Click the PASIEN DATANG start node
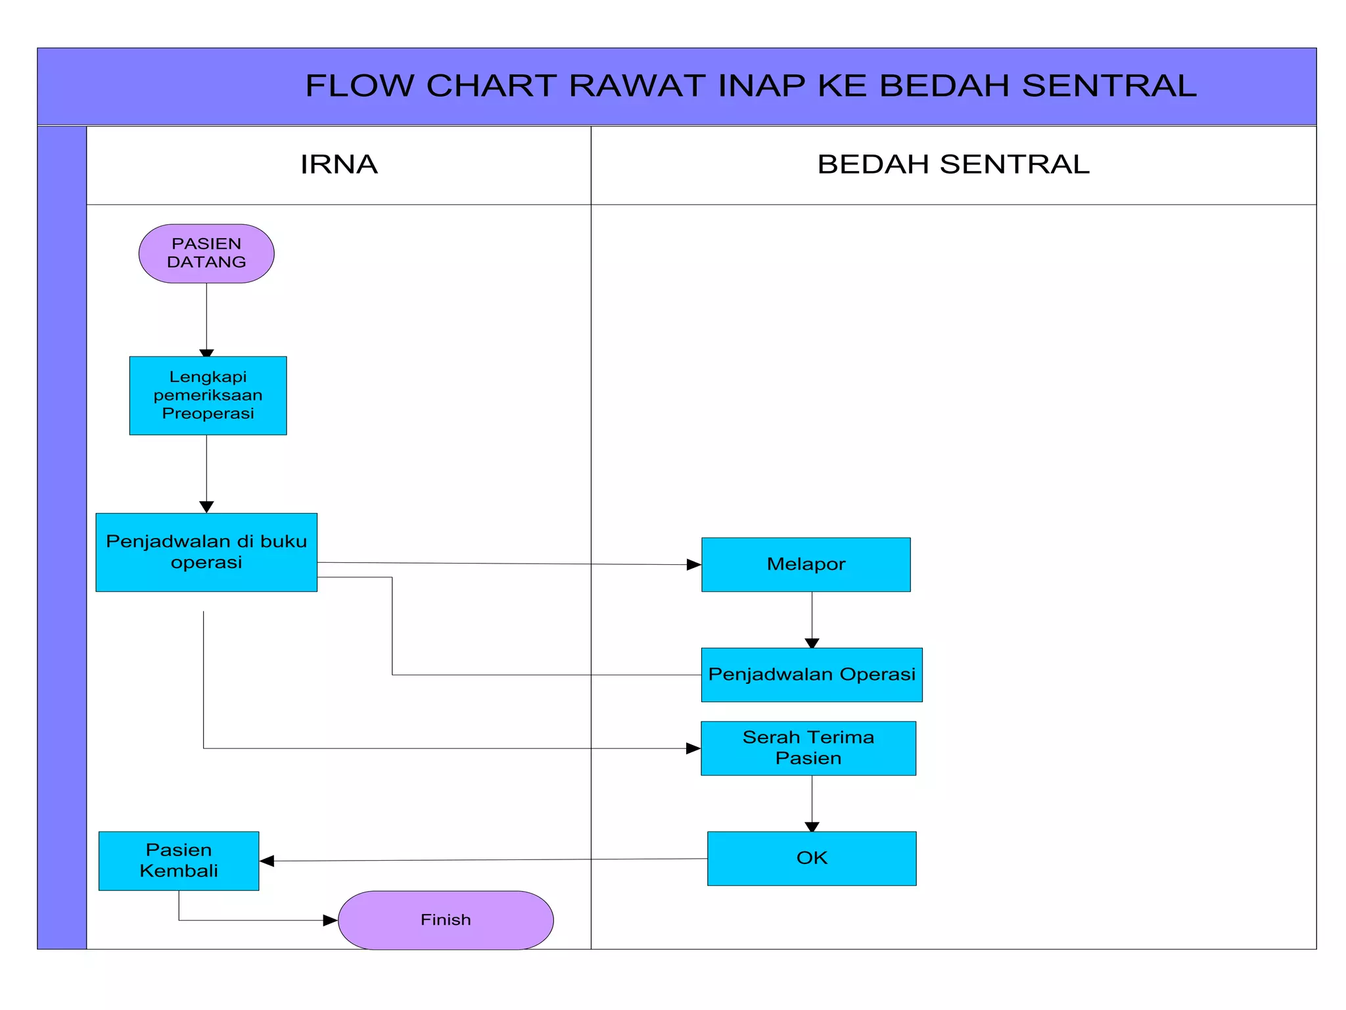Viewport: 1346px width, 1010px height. [206, 253]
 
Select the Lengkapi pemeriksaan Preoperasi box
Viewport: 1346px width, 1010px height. [208, 395]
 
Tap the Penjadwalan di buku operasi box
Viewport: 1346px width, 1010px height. [206, 552]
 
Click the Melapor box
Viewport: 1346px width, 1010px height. [806, 564]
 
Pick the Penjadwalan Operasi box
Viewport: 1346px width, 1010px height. [812, 675]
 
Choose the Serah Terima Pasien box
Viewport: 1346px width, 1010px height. [808, 748]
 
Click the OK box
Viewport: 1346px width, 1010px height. [812, 858]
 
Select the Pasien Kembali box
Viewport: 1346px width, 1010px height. [179, 861]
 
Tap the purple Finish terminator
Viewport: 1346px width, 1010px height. [446, 920]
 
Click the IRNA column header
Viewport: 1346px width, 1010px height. [339, 164]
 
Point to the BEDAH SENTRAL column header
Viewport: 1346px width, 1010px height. [953, 164]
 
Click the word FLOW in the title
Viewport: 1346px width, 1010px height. [360, 85]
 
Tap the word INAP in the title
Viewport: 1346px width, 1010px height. [762, 85]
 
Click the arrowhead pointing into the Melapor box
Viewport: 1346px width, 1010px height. [694, 564]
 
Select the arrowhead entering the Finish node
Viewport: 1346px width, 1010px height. [330, 921]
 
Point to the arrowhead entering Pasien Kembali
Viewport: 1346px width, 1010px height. [267, 861]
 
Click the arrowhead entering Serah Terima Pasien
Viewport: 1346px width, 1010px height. [693, 748]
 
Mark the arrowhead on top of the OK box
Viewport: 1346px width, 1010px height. [812, 827]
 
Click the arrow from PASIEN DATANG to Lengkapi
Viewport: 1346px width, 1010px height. [206, 319]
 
